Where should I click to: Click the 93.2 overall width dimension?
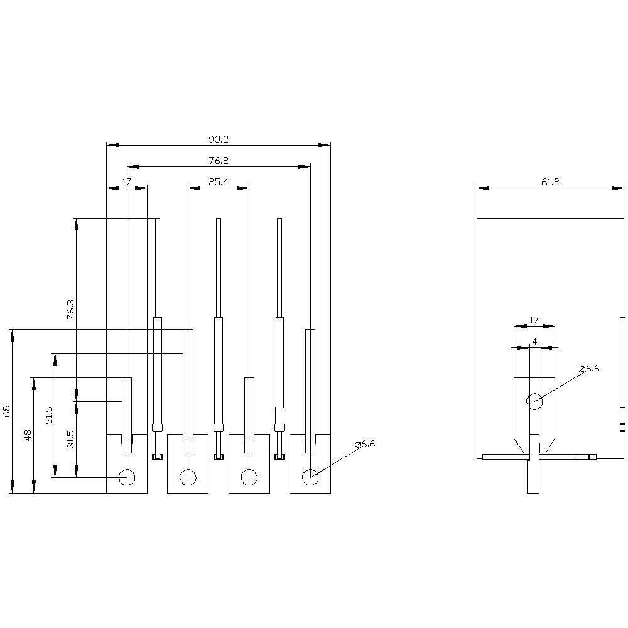click(219, 139)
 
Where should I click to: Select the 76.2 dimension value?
click(219, 161)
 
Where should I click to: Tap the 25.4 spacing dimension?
click(219, 181)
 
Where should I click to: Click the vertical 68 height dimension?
click(7, 411)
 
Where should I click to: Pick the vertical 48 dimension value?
click(28, 435)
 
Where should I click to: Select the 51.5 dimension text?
click(50, 416)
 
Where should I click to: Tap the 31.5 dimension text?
click(70, 438)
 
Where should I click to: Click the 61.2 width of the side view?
click(550, 181)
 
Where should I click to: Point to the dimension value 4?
click(534, 342)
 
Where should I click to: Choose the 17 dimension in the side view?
click(534, 320)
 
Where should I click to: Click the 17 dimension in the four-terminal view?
click(126, 181)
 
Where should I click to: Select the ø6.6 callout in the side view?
click(588, 369)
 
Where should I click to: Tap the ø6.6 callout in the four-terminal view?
click(364, 444)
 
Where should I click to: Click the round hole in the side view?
click(534, 401)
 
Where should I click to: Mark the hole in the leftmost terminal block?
click(127, 477)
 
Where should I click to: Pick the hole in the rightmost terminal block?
click(310, 477)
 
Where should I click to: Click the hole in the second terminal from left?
click(188, 477)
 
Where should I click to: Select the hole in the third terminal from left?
click(249, 477)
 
